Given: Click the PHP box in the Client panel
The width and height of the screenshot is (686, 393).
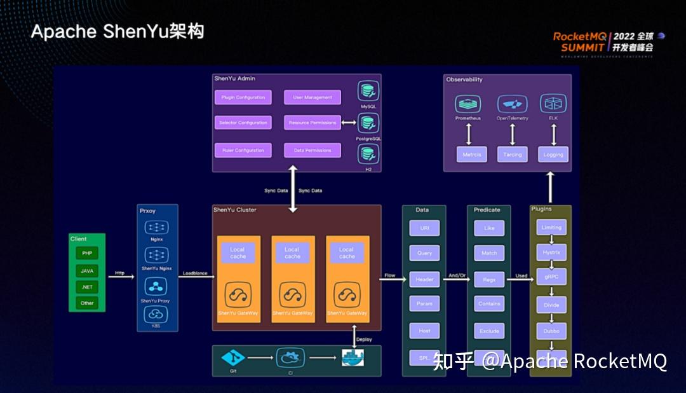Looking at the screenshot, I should tap(87, 253).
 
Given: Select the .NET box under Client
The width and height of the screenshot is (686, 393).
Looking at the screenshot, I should tap(87, 287).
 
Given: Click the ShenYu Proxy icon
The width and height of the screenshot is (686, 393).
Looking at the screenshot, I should tap(156, 286).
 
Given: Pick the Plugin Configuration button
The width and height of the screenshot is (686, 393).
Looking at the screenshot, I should tap(243, 97).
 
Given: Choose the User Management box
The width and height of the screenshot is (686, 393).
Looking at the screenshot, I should tap(313, 97).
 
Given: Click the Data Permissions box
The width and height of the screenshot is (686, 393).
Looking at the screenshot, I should tap(313, 150).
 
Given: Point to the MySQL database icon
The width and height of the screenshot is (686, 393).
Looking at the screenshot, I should tap(368, 91).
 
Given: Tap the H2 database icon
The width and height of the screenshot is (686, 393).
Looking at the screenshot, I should tap(368, 153).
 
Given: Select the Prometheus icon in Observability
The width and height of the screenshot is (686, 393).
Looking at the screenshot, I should tap(468, 104).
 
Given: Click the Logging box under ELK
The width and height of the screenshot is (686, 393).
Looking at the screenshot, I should tap(553, 155).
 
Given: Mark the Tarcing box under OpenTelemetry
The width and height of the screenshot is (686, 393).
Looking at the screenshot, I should tap(512, 155).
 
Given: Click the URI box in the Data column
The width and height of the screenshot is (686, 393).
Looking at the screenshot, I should tap(425, 228).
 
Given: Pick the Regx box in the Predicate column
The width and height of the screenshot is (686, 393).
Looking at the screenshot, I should tap(489, 279).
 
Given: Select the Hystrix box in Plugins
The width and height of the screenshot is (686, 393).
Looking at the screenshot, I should tap(551, 252).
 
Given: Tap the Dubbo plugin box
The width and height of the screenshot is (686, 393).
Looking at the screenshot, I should tap(551, 331).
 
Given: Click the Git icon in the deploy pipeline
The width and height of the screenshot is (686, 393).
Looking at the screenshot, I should tap(232, 358).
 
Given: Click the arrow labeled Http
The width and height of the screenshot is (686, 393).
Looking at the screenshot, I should tap(121, 277).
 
